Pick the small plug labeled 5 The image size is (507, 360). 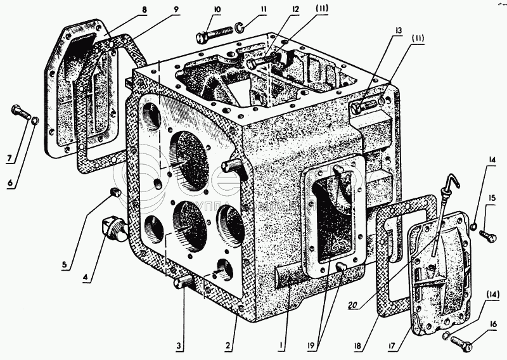(115, 192)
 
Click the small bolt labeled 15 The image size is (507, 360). (486, 236)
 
